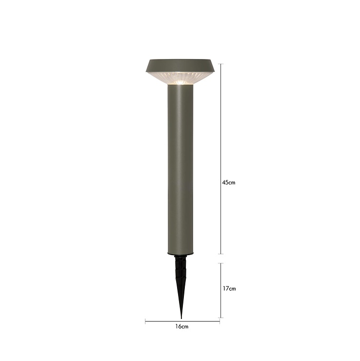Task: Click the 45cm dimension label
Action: pyautogui.click(x=229, y=182)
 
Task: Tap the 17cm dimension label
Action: pyautogui.click(x=229, y=288)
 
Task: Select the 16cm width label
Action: pyautogui.click(x=182, y=326)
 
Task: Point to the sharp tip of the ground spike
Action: pyautogui.click(x=181, y=319)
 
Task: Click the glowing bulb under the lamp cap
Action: pyautogui.click(x=180, y=82)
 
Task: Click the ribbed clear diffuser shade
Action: pyautogui.click(x=180, y=78)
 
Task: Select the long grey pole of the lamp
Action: pyautogui.click(x=180, y=169)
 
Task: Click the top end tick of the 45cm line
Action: pyautogui.click(x=221, y=64)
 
